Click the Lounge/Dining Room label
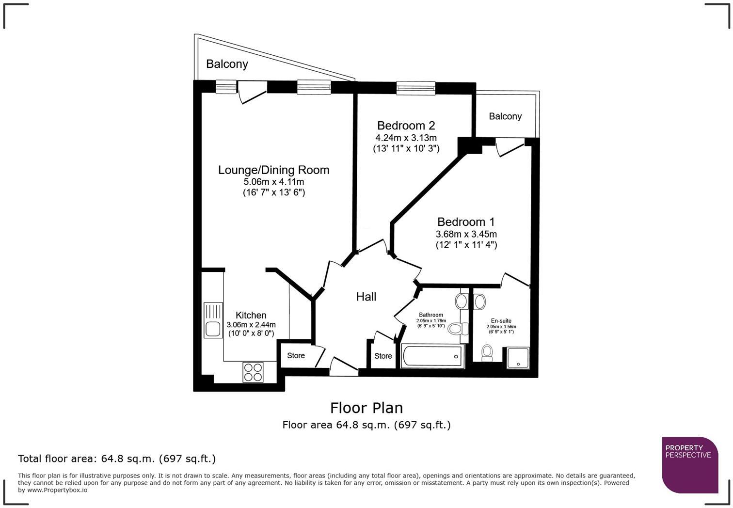(273, 170)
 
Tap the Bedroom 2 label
(406, 126)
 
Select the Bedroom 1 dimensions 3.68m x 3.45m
(466, 234)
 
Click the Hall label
(366, 297)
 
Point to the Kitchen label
(251, 315)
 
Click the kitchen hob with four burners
(253, 372)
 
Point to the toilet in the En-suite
(487, 352)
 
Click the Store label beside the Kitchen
(296, 355)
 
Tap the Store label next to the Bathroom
(382, 356)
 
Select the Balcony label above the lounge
(227, 64)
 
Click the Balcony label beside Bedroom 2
(505, 116)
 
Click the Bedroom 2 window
(415, 88)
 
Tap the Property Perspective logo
(689, 464)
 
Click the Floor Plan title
(366, 408)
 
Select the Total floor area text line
(117, 459)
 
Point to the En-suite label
(501, 321)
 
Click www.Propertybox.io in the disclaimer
(57, 490)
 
